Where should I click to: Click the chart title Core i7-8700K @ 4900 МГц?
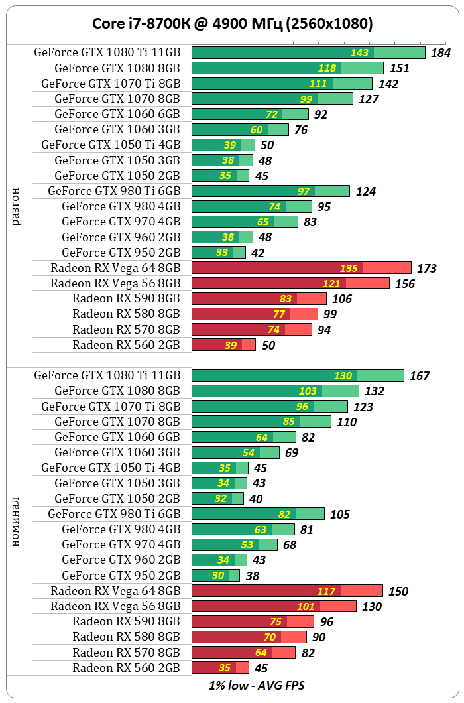click(232, 25)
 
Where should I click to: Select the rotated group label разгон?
click(17, 206)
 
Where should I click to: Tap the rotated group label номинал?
click(17, 521)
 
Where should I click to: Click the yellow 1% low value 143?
click(360, 53)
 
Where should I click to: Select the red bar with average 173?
click(302, 268)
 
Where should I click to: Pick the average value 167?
click(420, 376)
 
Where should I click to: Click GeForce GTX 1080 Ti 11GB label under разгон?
click(107, 52)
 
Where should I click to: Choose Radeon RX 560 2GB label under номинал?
click(126, 668)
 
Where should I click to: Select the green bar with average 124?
click(270, 191)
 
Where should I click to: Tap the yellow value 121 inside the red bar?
click(332, 283)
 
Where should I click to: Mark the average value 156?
click(404, 284)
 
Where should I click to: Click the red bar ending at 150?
click(287, 591)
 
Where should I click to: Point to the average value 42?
click(257, 253)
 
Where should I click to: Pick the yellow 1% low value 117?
click(327, 591)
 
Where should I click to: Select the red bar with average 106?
click(259, 298)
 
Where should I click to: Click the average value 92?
click(321, 115)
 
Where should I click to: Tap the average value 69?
click(291, 453)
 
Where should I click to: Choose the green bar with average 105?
click(258, 514)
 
